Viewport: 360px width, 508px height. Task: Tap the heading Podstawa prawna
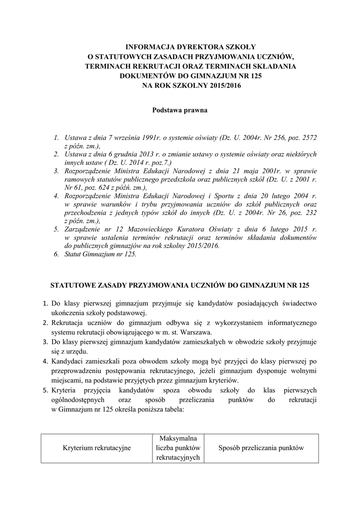pos(179,110)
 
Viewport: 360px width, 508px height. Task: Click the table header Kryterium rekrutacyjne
pos(97,448)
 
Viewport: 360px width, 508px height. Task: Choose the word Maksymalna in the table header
pos(177,439)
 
